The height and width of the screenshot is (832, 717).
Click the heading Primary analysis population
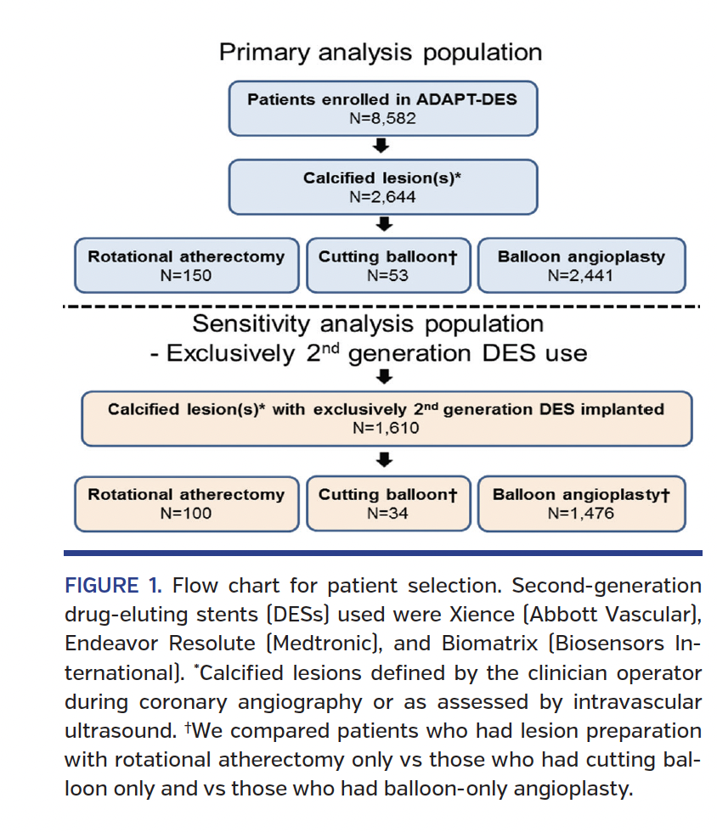click(381, 53)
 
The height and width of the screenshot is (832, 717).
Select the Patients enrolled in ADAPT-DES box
click(382, 109)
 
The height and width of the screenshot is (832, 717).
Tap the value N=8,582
click(382, 118)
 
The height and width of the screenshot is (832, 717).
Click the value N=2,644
click(382, 197)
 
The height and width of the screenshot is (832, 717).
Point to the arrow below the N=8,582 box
click(382, 146)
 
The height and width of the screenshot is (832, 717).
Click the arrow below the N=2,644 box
click(382, 224)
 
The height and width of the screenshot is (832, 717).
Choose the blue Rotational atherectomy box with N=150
click(186, 266)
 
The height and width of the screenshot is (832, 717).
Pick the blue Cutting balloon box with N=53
click(387, 266)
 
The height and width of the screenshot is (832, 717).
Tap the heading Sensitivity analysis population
click(368, 324)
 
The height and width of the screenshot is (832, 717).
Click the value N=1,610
click(386, 428)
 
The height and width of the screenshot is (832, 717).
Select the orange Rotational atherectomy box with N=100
click(186, 504)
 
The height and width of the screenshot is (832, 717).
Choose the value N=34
click(387, 513)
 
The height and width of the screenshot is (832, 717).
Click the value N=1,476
click(581, 513)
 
